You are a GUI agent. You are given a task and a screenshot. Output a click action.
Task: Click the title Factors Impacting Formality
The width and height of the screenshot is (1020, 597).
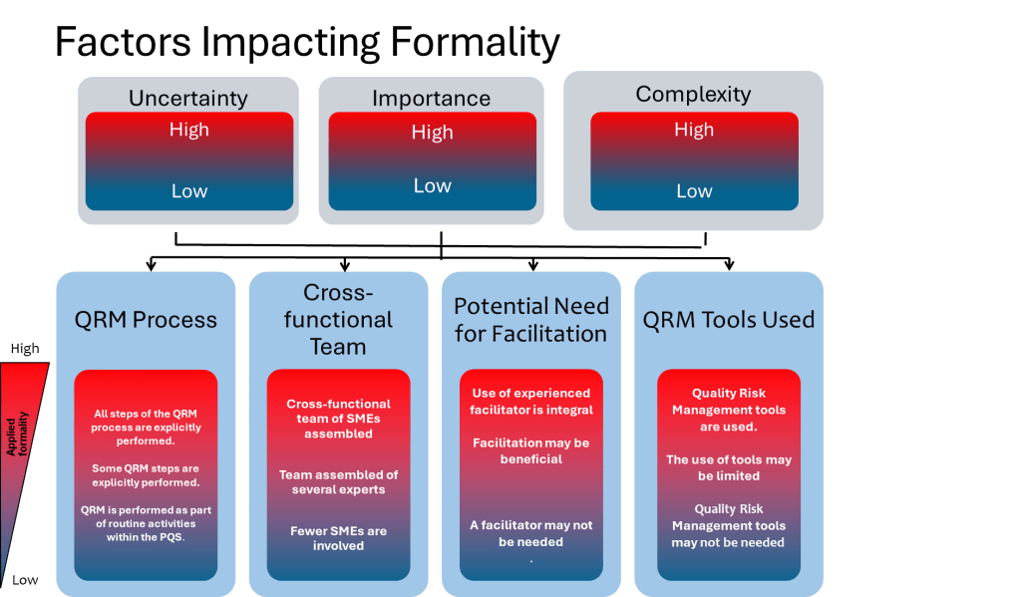click(306, 42)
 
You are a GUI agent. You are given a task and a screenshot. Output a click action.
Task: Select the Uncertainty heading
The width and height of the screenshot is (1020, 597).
click(188, 99)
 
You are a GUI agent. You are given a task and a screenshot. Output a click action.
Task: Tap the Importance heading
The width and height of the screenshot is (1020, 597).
click(431, 99)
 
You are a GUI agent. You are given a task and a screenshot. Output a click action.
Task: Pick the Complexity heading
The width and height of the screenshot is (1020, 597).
click(693, 95)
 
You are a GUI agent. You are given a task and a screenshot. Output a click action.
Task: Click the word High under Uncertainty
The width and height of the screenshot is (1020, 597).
click(188, 131)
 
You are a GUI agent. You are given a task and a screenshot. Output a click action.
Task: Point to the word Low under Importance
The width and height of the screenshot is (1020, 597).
click(432, 185)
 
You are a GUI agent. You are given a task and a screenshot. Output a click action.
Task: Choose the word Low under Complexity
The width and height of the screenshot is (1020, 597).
click(694, 191)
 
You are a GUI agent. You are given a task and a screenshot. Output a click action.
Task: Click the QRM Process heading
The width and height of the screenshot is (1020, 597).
click(146, 320)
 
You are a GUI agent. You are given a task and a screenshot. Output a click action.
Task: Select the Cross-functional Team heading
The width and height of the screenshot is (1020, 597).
click(338, 319)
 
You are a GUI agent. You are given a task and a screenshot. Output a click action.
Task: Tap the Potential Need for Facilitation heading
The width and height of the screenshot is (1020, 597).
click(531, 319)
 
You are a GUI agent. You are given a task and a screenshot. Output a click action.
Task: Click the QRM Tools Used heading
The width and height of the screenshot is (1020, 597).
click(728, 319)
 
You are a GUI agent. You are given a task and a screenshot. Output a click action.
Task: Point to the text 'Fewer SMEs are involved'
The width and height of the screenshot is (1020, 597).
click(338, 538)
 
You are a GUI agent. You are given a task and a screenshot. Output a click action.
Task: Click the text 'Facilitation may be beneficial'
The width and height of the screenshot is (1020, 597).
click(531, 450)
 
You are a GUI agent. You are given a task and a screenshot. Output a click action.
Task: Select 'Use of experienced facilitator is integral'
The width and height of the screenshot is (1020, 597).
click(531, 401)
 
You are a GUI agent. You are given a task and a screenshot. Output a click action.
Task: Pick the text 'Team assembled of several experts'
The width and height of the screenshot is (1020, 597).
click(338, 481)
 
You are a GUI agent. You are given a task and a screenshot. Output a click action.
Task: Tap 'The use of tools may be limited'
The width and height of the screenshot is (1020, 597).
click(729, 467)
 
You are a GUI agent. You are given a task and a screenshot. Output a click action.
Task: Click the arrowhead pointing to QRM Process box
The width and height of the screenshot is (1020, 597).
click(152, 265)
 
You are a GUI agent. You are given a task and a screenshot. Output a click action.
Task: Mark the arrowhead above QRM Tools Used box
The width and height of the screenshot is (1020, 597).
click(729, 265)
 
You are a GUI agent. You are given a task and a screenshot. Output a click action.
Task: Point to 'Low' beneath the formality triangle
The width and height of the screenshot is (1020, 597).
click(26, 579)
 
